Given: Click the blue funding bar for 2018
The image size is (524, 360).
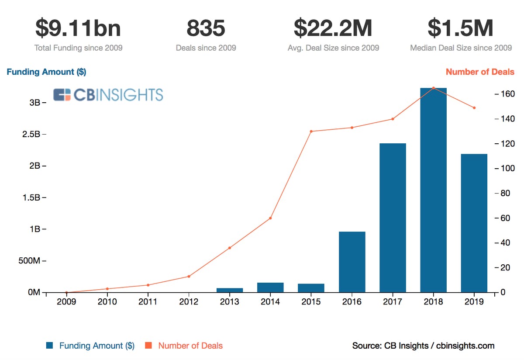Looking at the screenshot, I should click(x=433, y=190).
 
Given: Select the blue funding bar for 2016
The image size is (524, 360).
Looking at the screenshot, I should click(x=352, y=262).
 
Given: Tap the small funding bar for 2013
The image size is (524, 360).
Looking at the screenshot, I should click(x=230, y=290).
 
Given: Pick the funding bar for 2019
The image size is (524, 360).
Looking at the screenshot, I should click(x=474, y=223).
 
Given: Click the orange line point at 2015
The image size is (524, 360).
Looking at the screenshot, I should click(x=311, y=131).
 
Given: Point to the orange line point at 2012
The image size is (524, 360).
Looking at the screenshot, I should click(x=189, y=276).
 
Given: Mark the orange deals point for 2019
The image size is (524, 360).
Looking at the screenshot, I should click(x=474, y=108).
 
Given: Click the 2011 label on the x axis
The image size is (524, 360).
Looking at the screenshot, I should click(x=148, y=302).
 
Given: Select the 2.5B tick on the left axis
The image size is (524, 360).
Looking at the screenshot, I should click(x=32, y=134).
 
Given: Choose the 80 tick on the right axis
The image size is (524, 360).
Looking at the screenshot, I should click(x=505, y=193).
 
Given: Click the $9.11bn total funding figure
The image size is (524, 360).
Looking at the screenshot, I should click(x=78, y=29).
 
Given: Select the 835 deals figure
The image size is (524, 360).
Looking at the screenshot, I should click(x=206, y=29).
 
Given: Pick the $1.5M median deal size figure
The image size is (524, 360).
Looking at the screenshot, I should click(x=461, y=29).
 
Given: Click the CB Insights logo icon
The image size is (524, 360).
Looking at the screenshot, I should click(x=62, y=95).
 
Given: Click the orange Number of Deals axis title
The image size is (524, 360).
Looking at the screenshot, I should click(x=480, y=72).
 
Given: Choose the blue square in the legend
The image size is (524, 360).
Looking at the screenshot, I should click(x=50, y=346).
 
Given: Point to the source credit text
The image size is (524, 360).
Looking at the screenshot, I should click(x=423, y=346).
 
